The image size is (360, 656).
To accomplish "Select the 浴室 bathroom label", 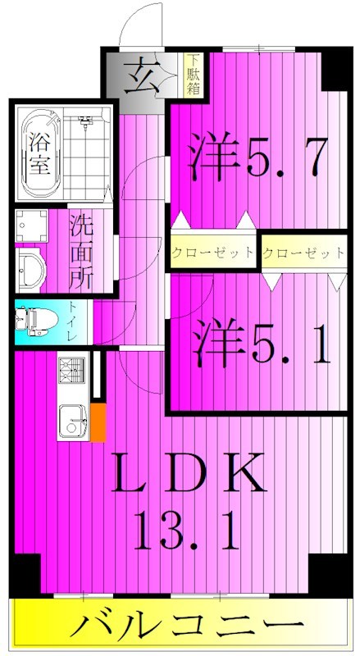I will point(38,152).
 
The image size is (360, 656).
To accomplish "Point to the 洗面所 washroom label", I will point(80,250).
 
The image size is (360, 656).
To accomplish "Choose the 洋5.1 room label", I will point(262,344).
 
